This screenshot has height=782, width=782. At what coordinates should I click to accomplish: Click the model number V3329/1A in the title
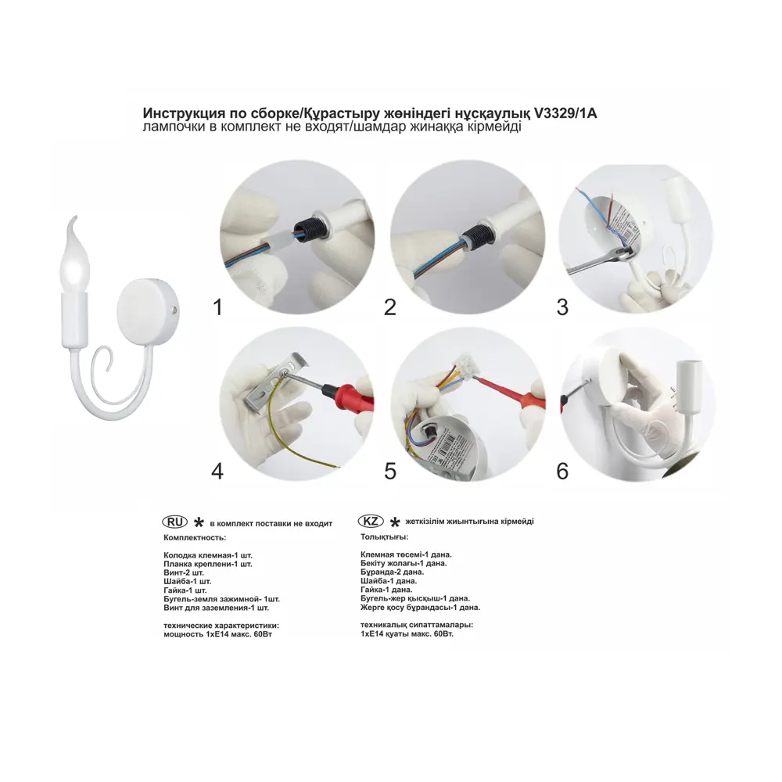click(565, 113)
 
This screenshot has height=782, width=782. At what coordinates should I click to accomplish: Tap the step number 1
click(217, 307)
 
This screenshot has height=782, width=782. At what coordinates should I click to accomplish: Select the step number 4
click(217, 472)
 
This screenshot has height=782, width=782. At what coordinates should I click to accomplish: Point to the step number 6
click(562, 472)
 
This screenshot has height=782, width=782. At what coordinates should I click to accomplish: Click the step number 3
click(562, 307)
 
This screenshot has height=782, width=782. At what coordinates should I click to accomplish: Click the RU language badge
click(174, 522)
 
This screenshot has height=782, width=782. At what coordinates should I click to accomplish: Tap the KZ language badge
click(371, 522)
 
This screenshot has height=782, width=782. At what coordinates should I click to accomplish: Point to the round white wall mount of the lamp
click(147, 310)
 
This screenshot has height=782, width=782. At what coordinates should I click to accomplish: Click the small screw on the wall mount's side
click(173, 310)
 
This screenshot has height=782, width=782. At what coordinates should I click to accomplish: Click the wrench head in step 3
click(622, 253)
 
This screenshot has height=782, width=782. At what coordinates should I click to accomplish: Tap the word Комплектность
click(195, 538)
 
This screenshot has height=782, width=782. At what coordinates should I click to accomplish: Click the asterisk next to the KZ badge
click(395, 522)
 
